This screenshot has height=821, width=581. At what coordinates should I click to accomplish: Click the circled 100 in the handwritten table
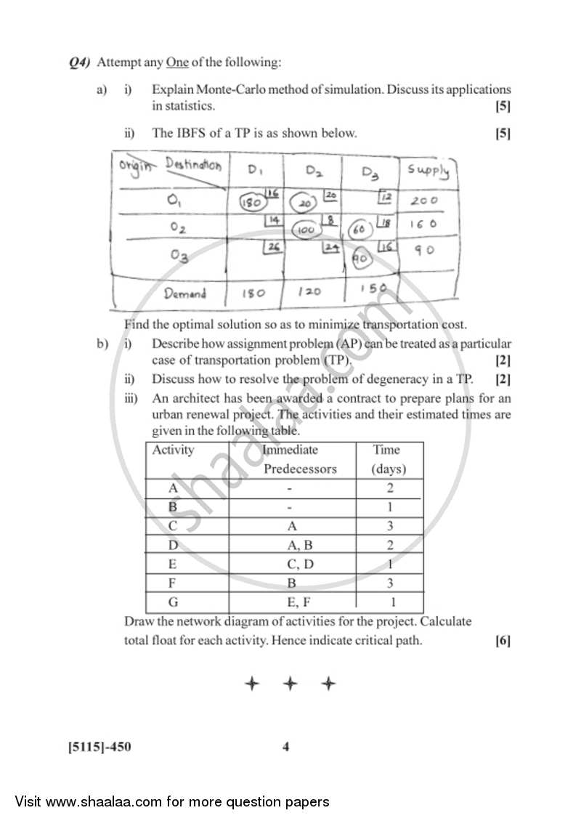[306, 230]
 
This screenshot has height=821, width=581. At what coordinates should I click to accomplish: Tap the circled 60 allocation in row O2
[358, 230]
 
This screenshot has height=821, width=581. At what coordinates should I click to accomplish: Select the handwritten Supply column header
[428, 171]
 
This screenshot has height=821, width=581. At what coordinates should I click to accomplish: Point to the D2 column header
[314, 172]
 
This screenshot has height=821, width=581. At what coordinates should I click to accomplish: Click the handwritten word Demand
[184, 294]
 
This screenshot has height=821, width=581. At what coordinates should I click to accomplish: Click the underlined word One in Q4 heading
[177, 62]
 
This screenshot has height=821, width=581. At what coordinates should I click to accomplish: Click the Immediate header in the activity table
[290, 450]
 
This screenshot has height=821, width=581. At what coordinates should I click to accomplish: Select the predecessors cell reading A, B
[290, 544]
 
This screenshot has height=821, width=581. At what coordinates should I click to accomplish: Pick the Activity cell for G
[173, 602]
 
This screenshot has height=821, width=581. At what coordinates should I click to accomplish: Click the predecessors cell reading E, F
[290, 602]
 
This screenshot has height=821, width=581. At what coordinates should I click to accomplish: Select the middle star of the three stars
[290, 684]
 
